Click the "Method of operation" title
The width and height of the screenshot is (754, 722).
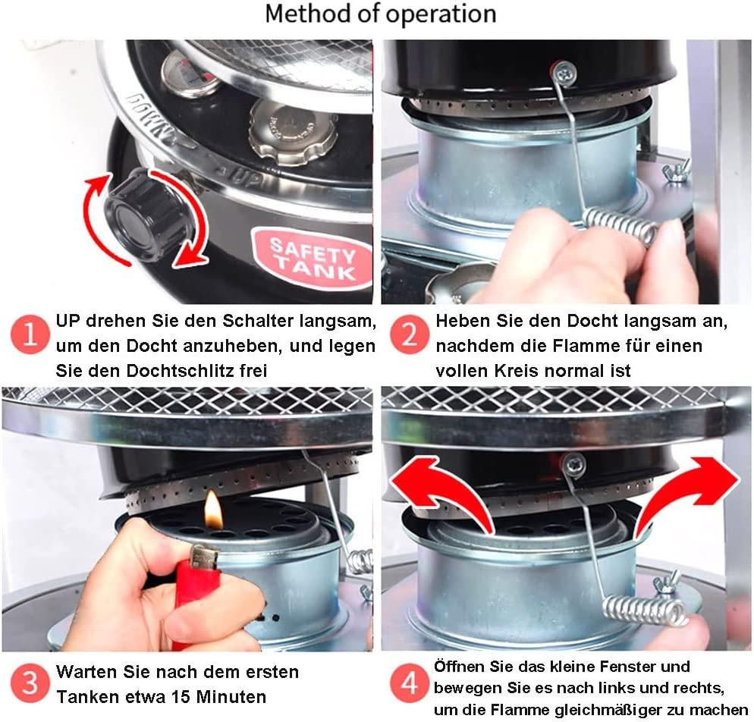(380, 14)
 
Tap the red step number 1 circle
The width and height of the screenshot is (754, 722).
(30, 334)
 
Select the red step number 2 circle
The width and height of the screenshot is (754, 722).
(409, 334)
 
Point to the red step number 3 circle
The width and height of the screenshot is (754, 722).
(30, 683)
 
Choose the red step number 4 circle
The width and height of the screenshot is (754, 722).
(409, 683)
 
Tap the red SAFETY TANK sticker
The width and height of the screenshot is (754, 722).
(313, 259)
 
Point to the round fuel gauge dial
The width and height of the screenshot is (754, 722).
(190, 74)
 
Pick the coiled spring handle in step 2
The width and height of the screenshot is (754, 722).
(622, 225)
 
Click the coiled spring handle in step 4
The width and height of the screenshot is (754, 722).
(644, 611)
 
